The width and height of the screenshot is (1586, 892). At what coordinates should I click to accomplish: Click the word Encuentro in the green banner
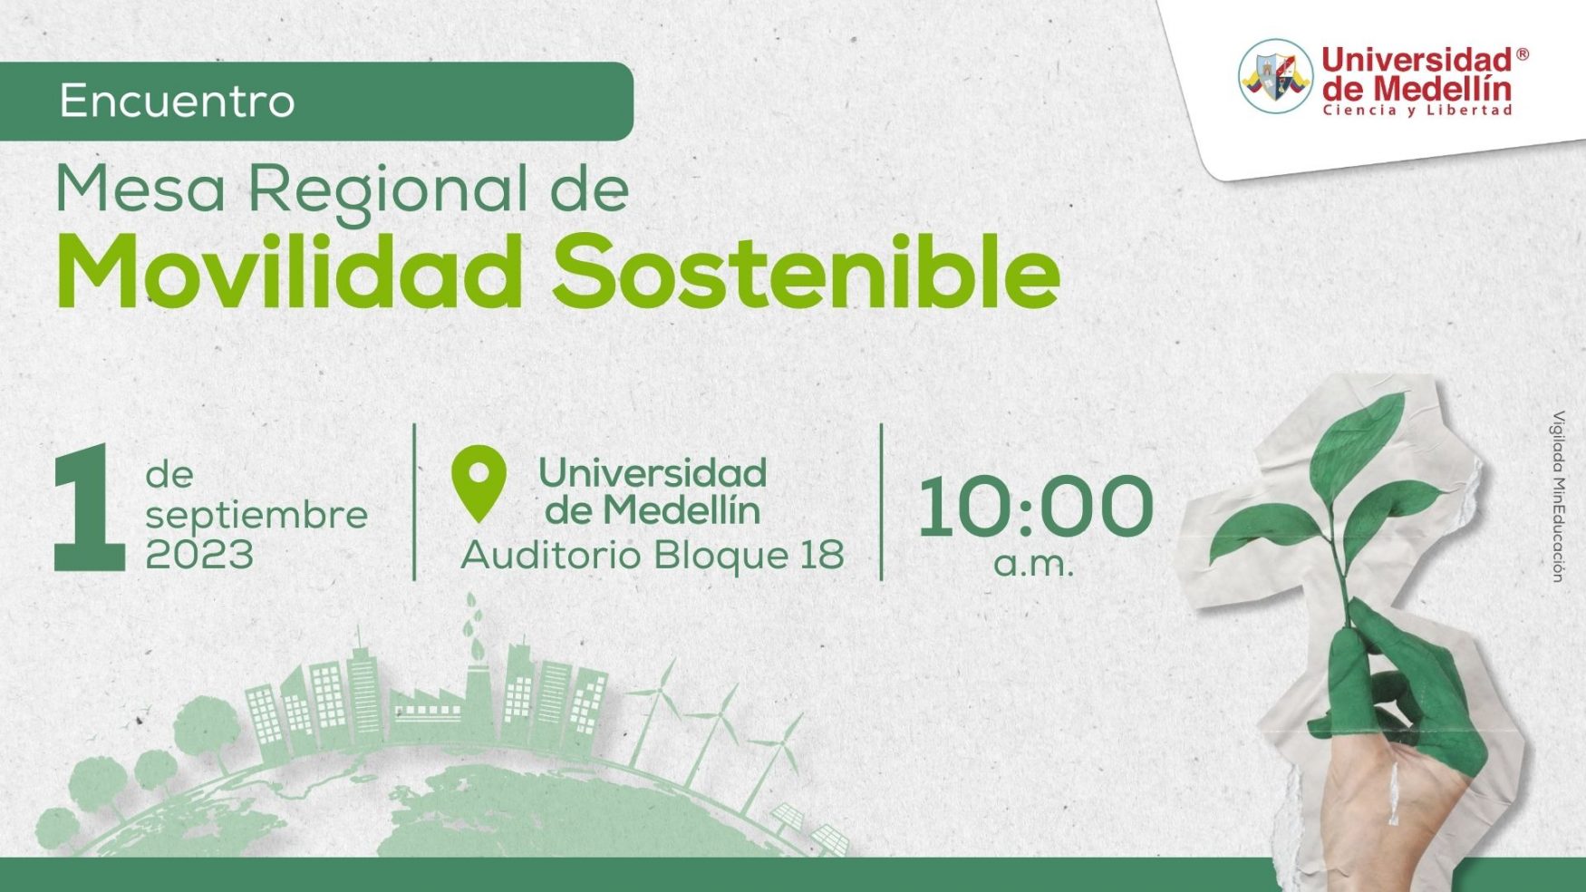[177, 101]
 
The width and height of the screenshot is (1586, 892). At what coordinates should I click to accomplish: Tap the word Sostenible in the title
[806, 272]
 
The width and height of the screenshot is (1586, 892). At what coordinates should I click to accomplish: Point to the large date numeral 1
[89, 508]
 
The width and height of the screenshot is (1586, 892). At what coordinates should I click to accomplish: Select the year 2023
[199, 555]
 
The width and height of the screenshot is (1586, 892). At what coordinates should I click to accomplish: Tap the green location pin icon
[479, 483]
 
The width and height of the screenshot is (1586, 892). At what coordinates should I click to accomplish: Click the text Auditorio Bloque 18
[653, 555]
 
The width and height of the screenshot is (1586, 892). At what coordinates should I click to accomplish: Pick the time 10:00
[1035, 507]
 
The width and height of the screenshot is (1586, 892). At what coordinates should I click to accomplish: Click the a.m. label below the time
[1033, 564]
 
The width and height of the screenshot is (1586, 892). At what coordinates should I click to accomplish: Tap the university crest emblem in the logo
[1275, 76]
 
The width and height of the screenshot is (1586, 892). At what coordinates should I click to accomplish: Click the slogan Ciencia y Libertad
[1417, 111]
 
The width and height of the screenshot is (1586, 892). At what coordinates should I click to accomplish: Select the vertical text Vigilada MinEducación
[1558, 496]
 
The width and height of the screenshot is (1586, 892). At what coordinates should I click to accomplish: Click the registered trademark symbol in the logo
[1523, 54]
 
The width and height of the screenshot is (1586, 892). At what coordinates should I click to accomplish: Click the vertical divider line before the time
[881, 501]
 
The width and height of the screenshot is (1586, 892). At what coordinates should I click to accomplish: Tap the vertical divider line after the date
[414, 501]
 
